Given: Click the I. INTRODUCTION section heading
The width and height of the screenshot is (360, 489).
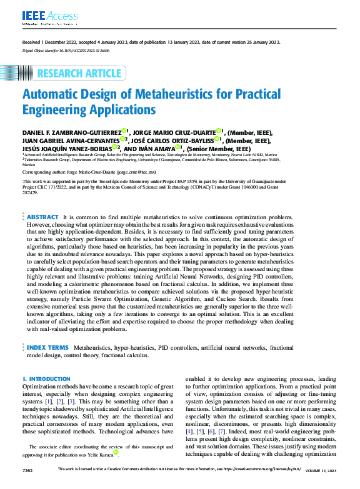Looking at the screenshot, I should [x=46, y=379].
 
